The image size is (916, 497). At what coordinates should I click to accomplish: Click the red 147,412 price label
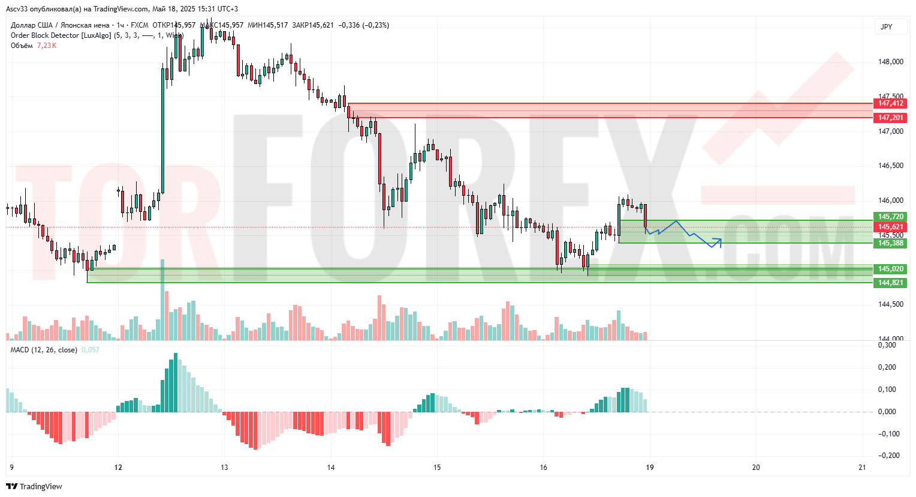pos(890,103)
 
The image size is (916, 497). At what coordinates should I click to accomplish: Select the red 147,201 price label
pos(890,118)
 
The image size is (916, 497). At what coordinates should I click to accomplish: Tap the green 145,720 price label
pos(890,217)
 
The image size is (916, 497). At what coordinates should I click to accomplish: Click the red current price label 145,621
pos(890,227)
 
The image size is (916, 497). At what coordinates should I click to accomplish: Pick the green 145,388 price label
pos(890,243)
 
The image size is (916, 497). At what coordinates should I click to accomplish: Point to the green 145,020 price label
pos(890,269)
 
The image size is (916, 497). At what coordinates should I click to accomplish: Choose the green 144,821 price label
pos(890,283)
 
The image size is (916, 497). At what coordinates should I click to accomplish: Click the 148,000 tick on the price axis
pos(890,62)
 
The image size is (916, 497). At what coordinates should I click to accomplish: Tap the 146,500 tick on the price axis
pos(890,166)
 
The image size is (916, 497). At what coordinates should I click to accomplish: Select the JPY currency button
pos(886,27)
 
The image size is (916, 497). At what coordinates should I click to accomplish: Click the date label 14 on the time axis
pos(331,468)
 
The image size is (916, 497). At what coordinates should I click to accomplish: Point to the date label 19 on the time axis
pos(650,468)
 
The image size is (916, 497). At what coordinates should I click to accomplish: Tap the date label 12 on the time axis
pos(118,468)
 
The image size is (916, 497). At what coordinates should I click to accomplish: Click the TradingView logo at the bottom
pos(35,487)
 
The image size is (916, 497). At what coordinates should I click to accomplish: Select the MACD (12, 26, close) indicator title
pos(44,350)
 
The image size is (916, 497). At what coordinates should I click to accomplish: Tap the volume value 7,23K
pos(47,46)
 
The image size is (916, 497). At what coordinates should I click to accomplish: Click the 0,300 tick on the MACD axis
pos(887,345)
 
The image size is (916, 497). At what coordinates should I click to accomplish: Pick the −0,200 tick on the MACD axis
pos(888,456)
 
